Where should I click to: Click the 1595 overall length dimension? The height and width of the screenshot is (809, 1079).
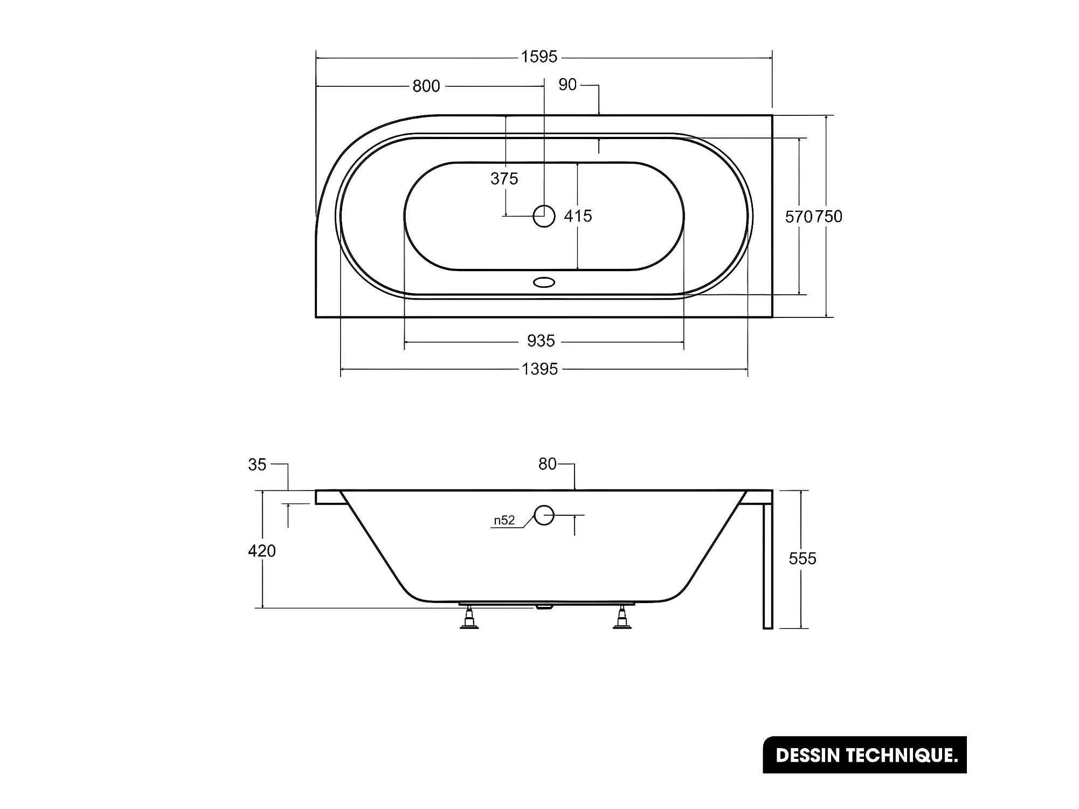[x=539, y=57]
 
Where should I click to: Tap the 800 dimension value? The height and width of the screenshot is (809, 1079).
[x=426, y=86]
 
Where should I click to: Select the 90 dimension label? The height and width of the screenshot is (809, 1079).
[x=568, y=85]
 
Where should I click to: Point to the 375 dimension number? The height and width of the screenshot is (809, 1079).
[x=504, y=178]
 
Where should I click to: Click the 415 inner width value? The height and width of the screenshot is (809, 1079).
[x=578, y=216]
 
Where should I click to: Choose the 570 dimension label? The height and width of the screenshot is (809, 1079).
[x=799, y=217]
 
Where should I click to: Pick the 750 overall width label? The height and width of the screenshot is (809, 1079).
[x=828, y=217]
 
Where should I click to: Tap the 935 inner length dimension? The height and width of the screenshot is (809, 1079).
[x=541, y=341]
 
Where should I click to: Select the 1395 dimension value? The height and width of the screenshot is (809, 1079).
[x=539, y=369]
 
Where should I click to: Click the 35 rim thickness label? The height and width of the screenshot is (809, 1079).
[x=257, y=465]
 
